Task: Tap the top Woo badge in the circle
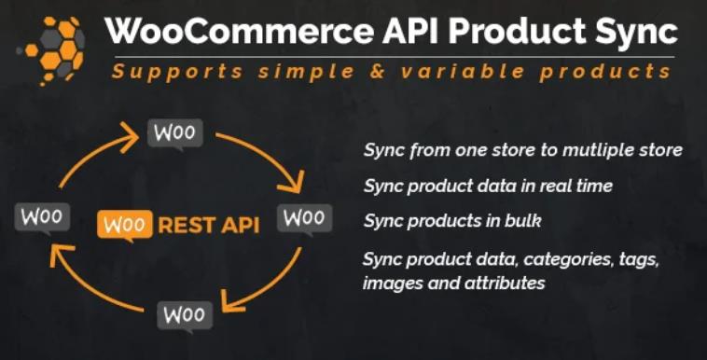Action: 174,133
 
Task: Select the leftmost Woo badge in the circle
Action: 42,218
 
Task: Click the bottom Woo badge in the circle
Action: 185,315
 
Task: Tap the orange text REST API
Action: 207,224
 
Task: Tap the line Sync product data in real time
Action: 488,186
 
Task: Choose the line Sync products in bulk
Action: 451,221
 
